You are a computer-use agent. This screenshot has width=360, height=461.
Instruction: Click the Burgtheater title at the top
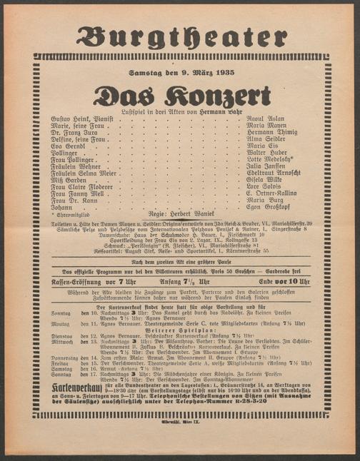[180, 37]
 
